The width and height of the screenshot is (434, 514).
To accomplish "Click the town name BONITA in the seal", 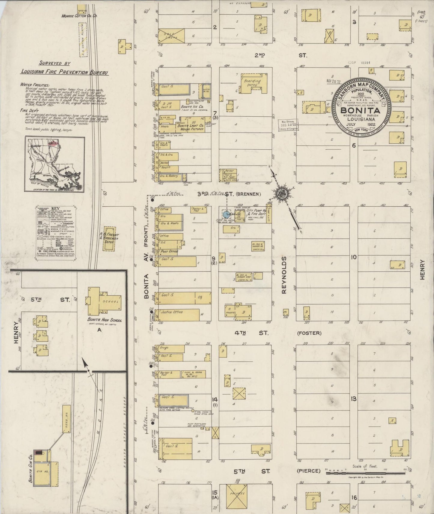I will click(x=360, y=110).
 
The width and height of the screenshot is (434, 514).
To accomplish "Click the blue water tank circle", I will click(x=226, y=214).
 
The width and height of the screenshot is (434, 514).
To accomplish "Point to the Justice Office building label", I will click(x=171, y=312).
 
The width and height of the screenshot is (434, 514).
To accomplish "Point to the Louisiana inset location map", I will click(x=55, y=164).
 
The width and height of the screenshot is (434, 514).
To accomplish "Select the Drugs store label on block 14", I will click(x=164, y=348).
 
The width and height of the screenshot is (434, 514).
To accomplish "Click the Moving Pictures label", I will click(x=192, y=129).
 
